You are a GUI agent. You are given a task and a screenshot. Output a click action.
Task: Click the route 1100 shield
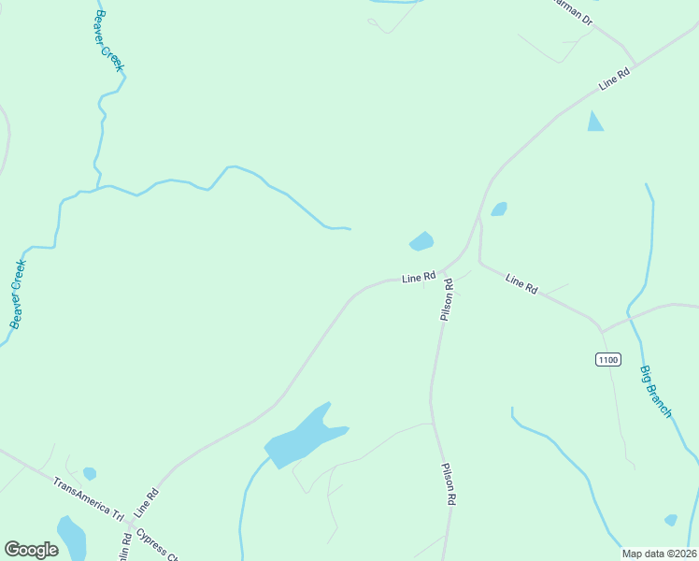(607, 359)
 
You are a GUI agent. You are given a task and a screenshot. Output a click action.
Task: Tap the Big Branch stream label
(656, 392)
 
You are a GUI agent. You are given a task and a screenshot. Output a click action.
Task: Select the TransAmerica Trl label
(89, 499)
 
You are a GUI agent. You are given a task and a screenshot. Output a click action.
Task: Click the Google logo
(31, 550)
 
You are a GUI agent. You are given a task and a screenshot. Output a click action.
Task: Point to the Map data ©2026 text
(658, 554)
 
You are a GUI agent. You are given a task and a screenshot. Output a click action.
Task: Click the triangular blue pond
(594, 122)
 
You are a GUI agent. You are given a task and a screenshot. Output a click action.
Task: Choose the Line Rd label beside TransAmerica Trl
(147, 503)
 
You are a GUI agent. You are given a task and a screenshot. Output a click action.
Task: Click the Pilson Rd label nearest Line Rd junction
(448, 300)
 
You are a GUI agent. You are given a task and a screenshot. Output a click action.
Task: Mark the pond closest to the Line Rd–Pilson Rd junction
(421, 242)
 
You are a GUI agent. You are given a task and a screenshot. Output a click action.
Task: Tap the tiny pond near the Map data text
(670, 520)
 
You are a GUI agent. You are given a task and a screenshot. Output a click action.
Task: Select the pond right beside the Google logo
(71, 537)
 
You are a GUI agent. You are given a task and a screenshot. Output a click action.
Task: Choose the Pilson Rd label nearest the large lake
(449, 484)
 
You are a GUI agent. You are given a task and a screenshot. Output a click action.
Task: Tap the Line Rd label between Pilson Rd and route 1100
(521, 284)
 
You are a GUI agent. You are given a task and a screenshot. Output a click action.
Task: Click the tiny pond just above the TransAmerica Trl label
(90, 473)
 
